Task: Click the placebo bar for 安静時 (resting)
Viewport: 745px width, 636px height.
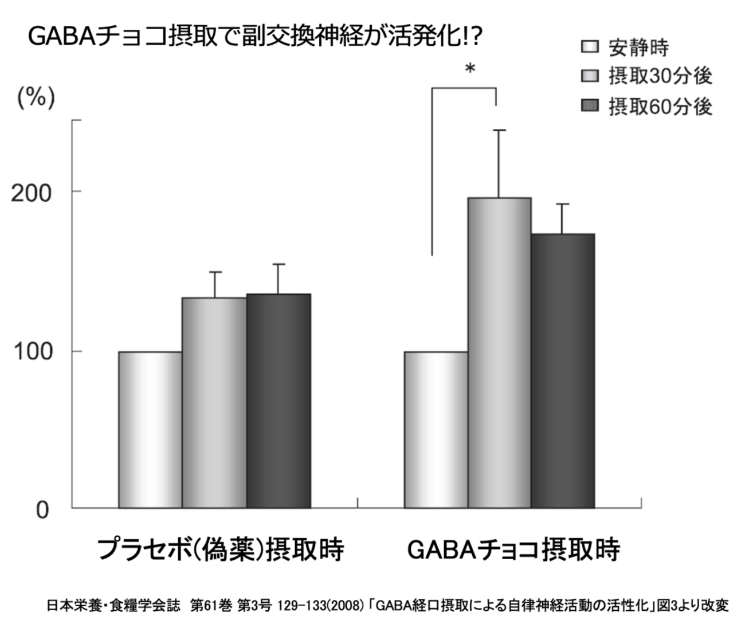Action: (150, 430)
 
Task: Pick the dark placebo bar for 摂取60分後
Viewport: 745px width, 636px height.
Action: (279, 401)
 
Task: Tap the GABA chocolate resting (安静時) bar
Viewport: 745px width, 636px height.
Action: (436, 430)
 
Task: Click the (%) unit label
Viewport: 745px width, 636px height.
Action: (36, 98)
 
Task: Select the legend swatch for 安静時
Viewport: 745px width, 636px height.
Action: (590, 47)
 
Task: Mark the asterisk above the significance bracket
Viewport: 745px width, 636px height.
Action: (470, 69)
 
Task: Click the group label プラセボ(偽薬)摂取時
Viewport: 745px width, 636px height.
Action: (221, 549)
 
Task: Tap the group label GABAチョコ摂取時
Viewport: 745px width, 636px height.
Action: (513, 549)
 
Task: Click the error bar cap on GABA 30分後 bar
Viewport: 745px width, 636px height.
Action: (499, 131)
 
